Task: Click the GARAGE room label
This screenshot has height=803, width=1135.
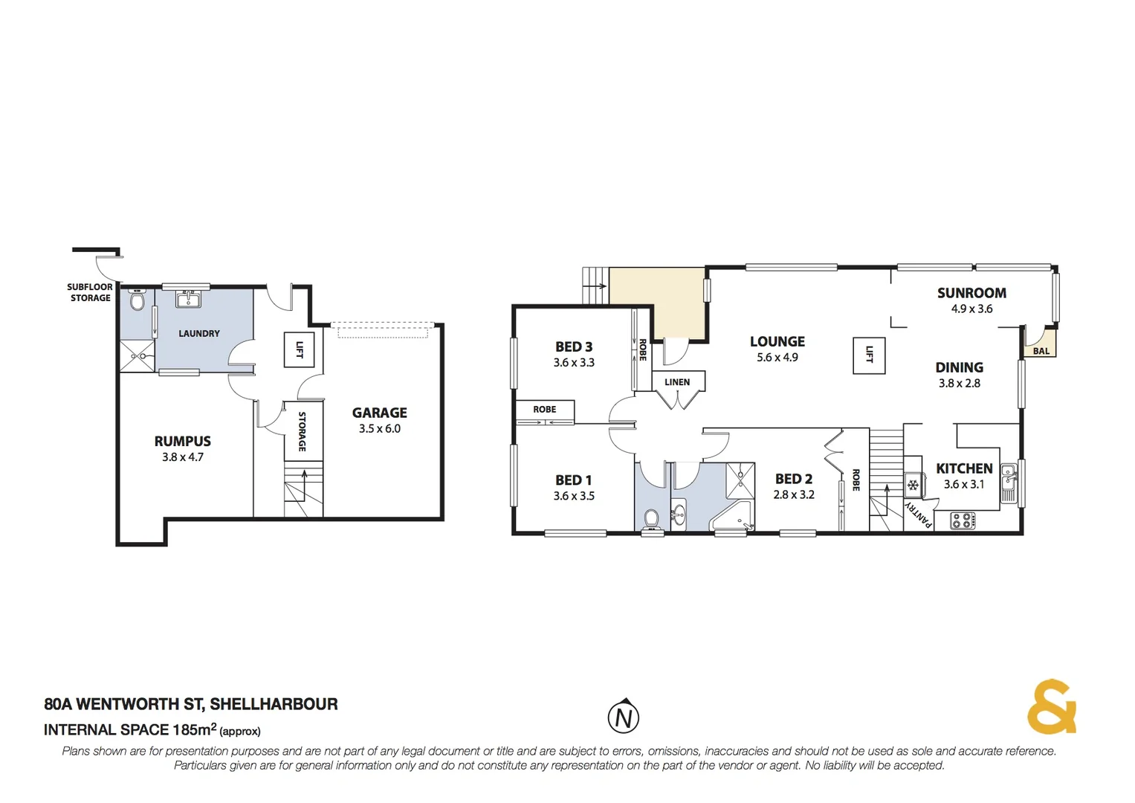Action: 379,413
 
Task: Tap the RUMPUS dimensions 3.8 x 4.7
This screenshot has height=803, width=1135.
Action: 183,457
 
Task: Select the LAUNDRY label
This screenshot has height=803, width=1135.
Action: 199,334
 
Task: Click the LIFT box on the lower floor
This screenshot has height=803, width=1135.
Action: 300,349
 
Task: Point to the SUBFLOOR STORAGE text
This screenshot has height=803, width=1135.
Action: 90,292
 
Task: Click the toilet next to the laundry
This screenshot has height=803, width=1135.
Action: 137,301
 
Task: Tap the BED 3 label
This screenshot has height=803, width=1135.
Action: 574,346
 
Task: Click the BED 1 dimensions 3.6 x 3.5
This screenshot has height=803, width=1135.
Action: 574,496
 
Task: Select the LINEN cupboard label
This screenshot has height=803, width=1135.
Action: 677,382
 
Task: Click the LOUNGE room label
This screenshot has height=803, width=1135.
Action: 777,341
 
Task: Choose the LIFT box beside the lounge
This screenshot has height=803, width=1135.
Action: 869,355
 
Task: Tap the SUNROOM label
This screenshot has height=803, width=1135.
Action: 971,293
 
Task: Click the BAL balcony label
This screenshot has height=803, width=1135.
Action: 1041,351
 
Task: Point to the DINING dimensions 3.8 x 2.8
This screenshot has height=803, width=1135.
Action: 959,384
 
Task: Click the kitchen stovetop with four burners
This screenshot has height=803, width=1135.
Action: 962,520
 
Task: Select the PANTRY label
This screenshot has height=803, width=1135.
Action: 919,514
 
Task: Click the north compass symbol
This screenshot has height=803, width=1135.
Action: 624,717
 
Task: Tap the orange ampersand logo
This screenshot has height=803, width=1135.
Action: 1052,707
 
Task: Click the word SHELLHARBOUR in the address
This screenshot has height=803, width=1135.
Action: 274,704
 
